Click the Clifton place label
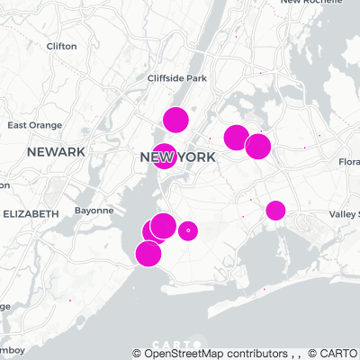click(61, 45)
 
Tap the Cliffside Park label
click(177, 78)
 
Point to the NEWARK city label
click(55, 152)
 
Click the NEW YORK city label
click(178, 157)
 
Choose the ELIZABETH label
click(31, 213)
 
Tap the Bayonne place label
click(94, 210)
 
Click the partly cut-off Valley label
click(344, 213)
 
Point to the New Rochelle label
click(329, 3)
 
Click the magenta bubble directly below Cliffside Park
click(175, 119)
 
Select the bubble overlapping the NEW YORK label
click(164, 157)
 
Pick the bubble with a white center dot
click(188, 231)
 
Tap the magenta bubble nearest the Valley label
click(275, 211)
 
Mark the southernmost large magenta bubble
click(148, 254)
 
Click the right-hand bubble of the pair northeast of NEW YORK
click(258, 146)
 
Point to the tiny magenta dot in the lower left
click(70, 300)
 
